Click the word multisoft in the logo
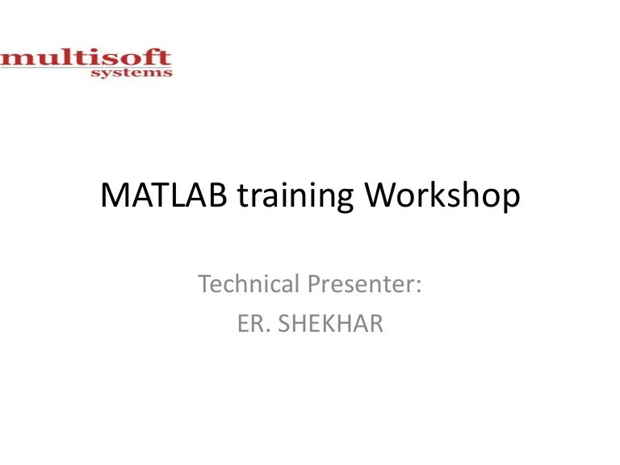86,59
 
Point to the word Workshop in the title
438,199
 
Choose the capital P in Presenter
311,284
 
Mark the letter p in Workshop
507,202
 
